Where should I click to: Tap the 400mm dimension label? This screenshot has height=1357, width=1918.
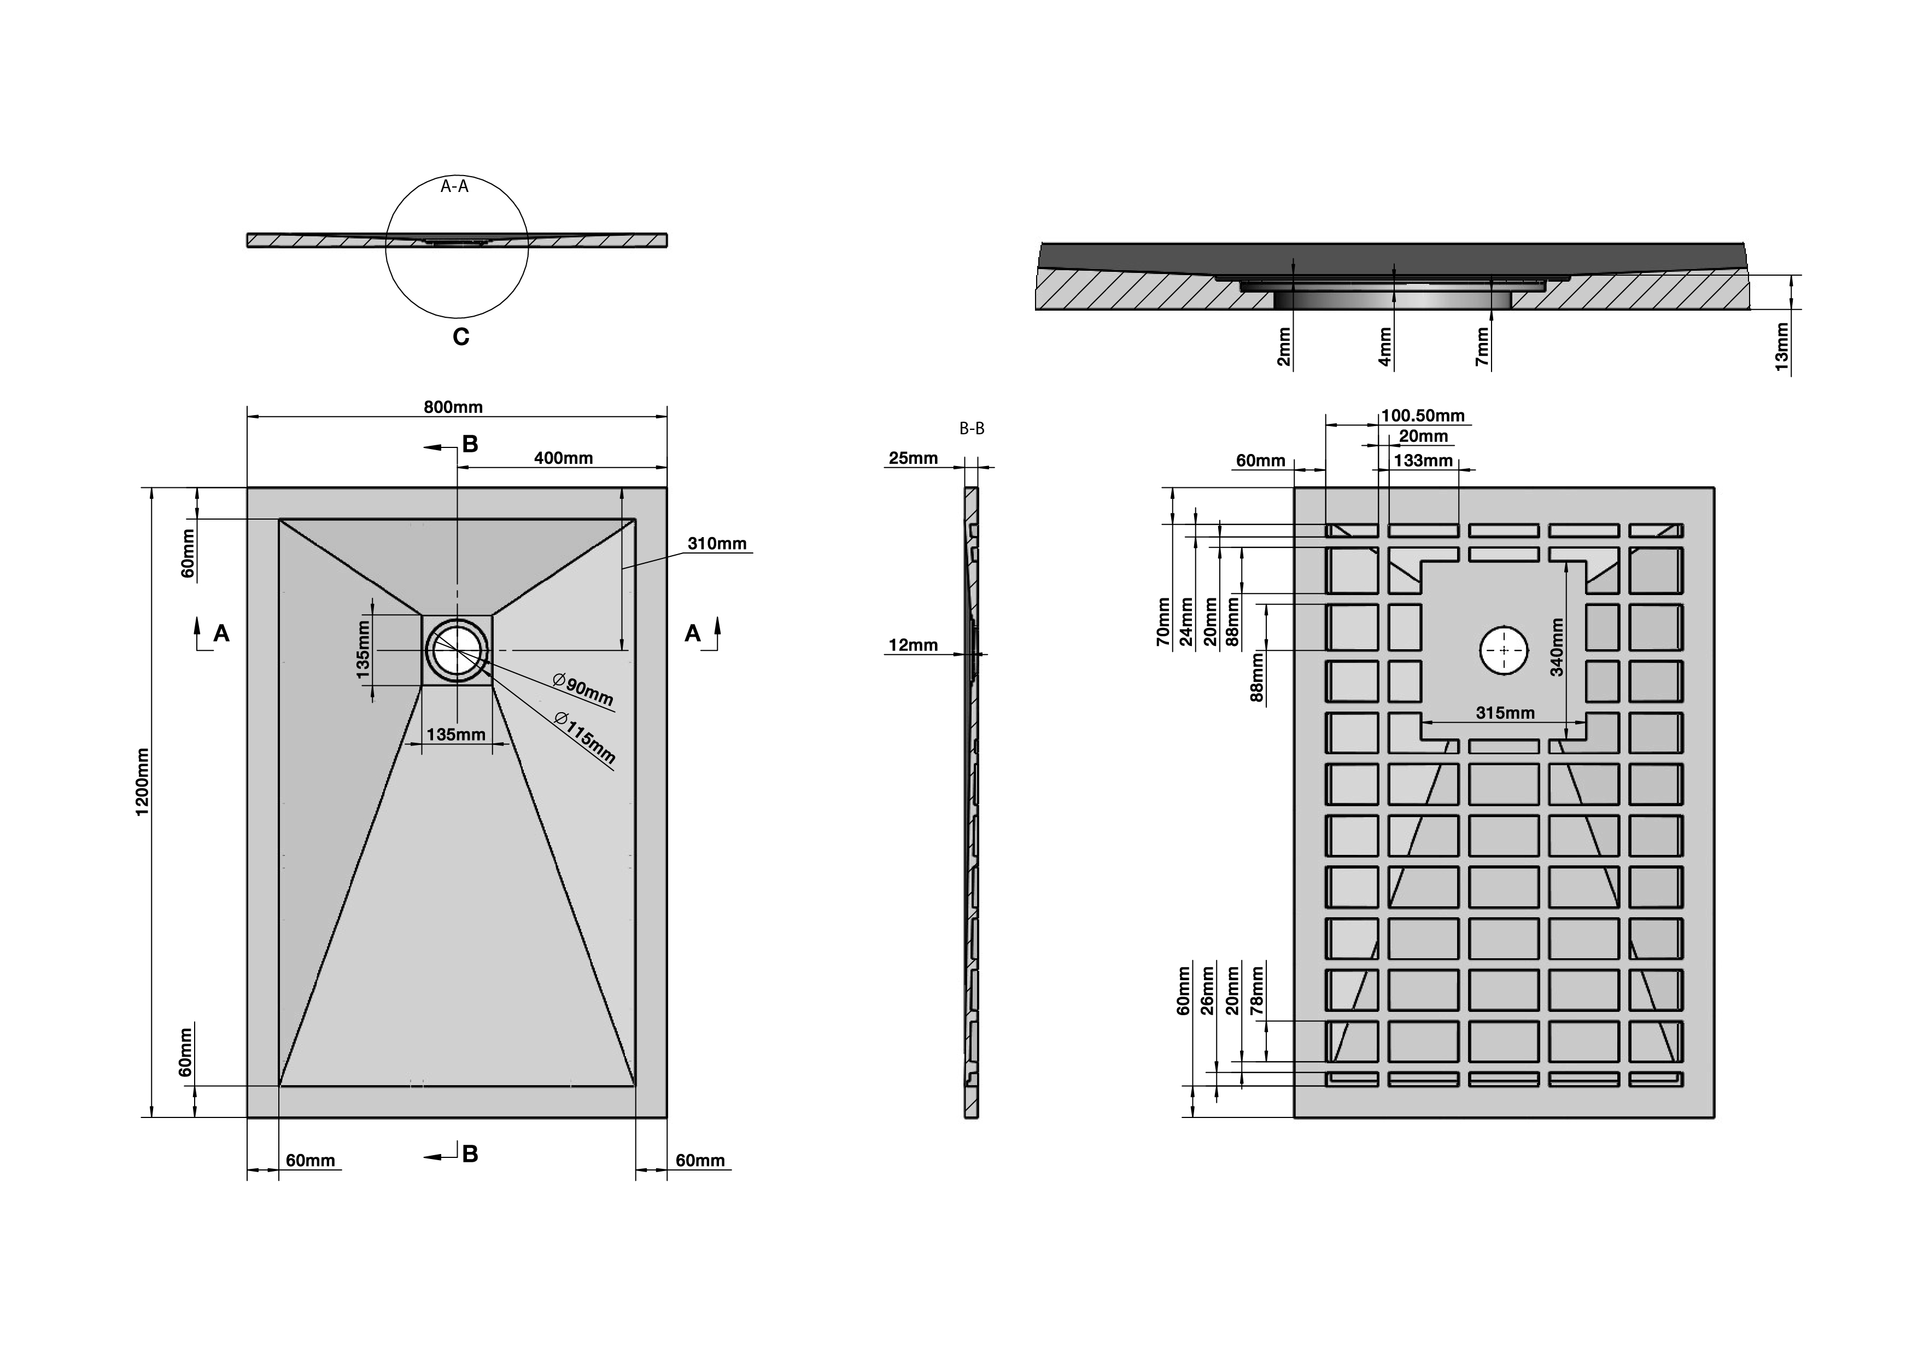(x=563, y=458)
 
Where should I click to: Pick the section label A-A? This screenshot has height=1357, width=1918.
(x=454, y=187)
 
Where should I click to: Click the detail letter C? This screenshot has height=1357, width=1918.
(x=460, y=337)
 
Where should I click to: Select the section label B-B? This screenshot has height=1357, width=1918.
(x=972, y=429)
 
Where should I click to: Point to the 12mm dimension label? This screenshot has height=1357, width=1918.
(x=913, y=645)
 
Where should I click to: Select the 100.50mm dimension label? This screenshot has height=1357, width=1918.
(x=1423, y=415)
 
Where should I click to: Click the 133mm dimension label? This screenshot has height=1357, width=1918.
(x=1423, y=461)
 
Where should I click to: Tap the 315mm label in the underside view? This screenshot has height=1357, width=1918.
(x=1505, y=713)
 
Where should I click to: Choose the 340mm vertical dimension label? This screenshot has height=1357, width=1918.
(x=1557, y=648)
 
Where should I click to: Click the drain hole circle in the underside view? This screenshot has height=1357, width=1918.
(x=1504, y=651)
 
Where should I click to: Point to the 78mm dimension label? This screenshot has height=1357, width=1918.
(x=1256, y=990)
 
